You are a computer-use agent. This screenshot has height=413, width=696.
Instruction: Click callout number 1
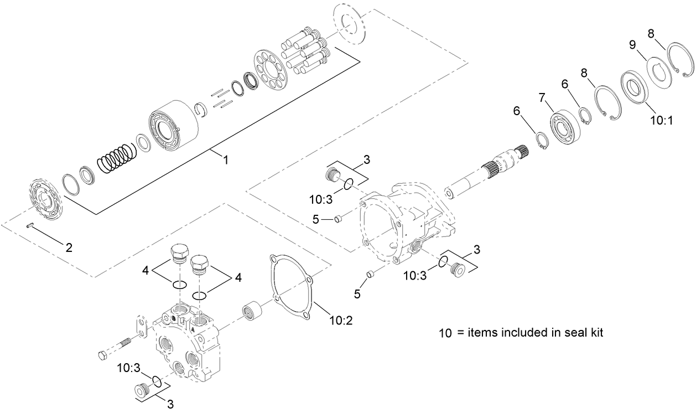tap(225, 159)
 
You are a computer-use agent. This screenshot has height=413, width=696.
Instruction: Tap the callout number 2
tap(69, 247)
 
